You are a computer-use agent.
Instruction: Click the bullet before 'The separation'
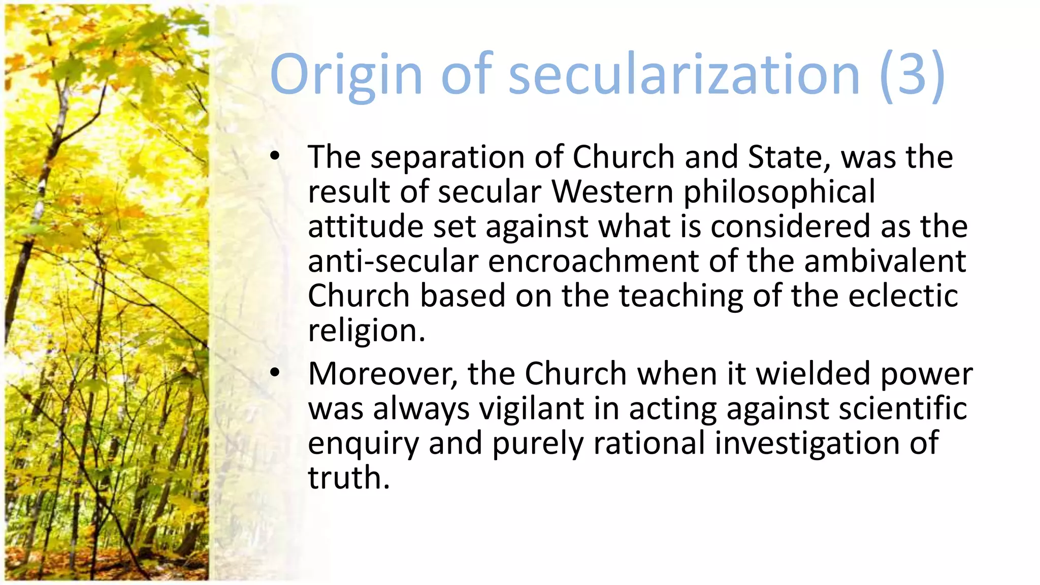click(275, 156)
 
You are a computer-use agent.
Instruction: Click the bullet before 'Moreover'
click(275, 373)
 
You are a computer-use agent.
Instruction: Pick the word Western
click(612, 191)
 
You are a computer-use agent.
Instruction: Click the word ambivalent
click(885, 261)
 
